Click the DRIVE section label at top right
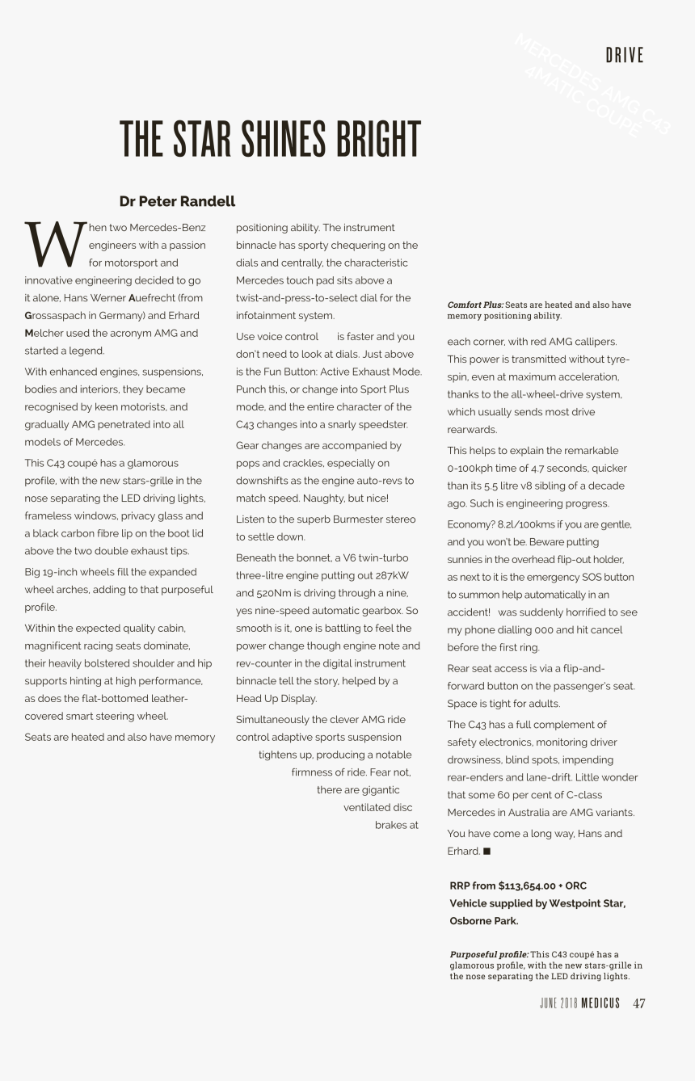point(625,56)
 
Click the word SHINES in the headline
point(270,140)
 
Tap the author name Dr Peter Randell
point(177,201)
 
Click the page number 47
point(638,1003)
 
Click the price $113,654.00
point(526,885)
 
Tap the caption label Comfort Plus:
point(475,305)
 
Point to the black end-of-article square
point(487,851)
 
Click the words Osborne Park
point(483,921)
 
